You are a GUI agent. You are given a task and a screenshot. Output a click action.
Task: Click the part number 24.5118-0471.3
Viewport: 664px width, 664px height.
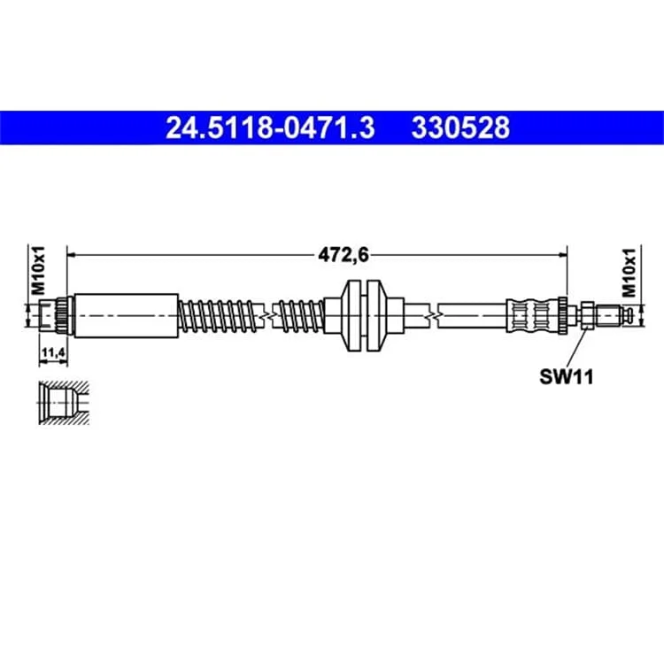coord(270,127)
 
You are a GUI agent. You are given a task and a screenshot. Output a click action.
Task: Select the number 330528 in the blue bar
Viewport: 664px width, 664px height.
coord(460,127)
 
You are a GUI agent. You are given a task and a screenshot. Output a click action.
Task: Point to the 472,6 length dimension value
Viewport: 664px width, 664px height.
coord(344,255)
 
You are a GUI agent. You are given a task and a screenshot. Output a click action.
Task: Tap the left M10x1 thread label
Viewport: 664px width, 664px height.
coord(38,271)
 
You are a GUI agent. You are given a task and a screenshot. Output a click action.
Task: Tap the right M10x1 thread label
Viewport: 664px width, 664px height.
coord(629,273)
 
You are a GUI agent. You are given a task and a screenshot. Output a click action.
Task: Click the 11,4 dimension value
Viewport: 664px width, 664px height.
coord(52,351)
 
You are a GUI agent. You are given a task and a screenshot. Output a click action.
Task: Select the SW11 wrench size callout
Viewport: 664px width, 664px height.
coord(567,376)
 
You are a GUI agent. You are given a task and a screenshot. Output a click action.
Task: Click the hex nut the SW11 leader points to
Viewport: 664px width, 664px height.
coord(587,315)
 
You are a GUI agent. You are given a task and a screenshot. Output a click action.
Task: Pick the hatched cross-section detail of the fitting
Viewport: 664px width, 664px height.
coord(64,403)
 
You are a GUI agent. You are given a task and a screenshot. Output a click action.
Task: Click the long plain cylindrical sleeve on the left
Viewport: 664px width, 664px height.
coord(127,315)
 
